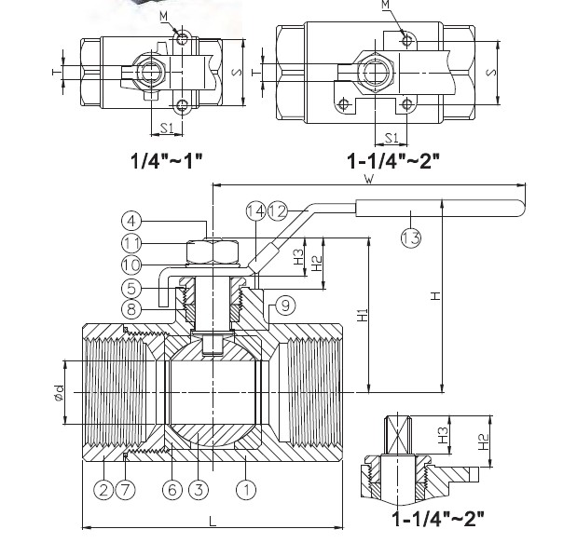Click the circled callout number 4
pos(132,221)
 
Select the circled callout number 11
pos(132,243)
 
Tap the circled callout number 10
pos(132,265)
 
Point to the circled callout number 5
pos(132,288)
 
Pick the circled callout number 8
pos(132,308)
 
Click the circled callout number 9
pos(285,303)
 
